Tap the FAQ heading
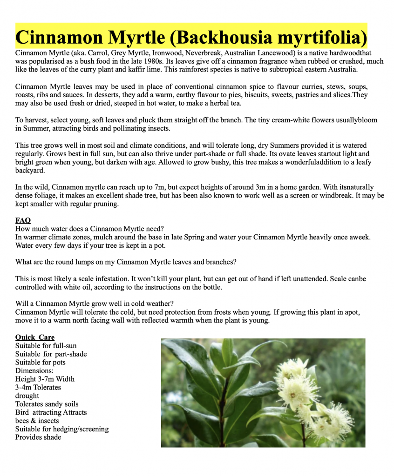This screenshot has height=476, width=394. (x=23, y=220)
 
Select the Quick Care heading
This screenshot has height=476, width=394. (x=35, y=337)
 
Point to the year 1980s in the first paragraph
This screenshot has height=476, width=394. (x=161, y=61)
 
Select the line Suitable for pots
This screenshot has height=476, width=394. (x=41, y=363)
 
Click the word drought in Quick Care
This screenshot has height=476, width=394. (x=27, y=396)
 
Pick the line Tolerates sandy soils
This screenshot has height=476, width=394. (x=47, y=404)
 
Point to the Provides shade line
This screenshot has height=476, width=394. (x=38, y=437)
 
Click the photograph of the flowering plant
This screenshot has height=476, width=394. (x=263, y=393)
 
